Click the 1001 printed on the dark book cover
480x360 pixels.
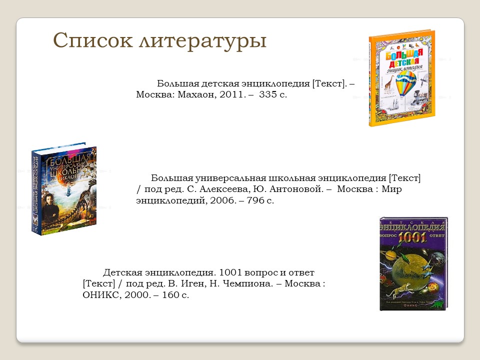pos(413,236)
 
